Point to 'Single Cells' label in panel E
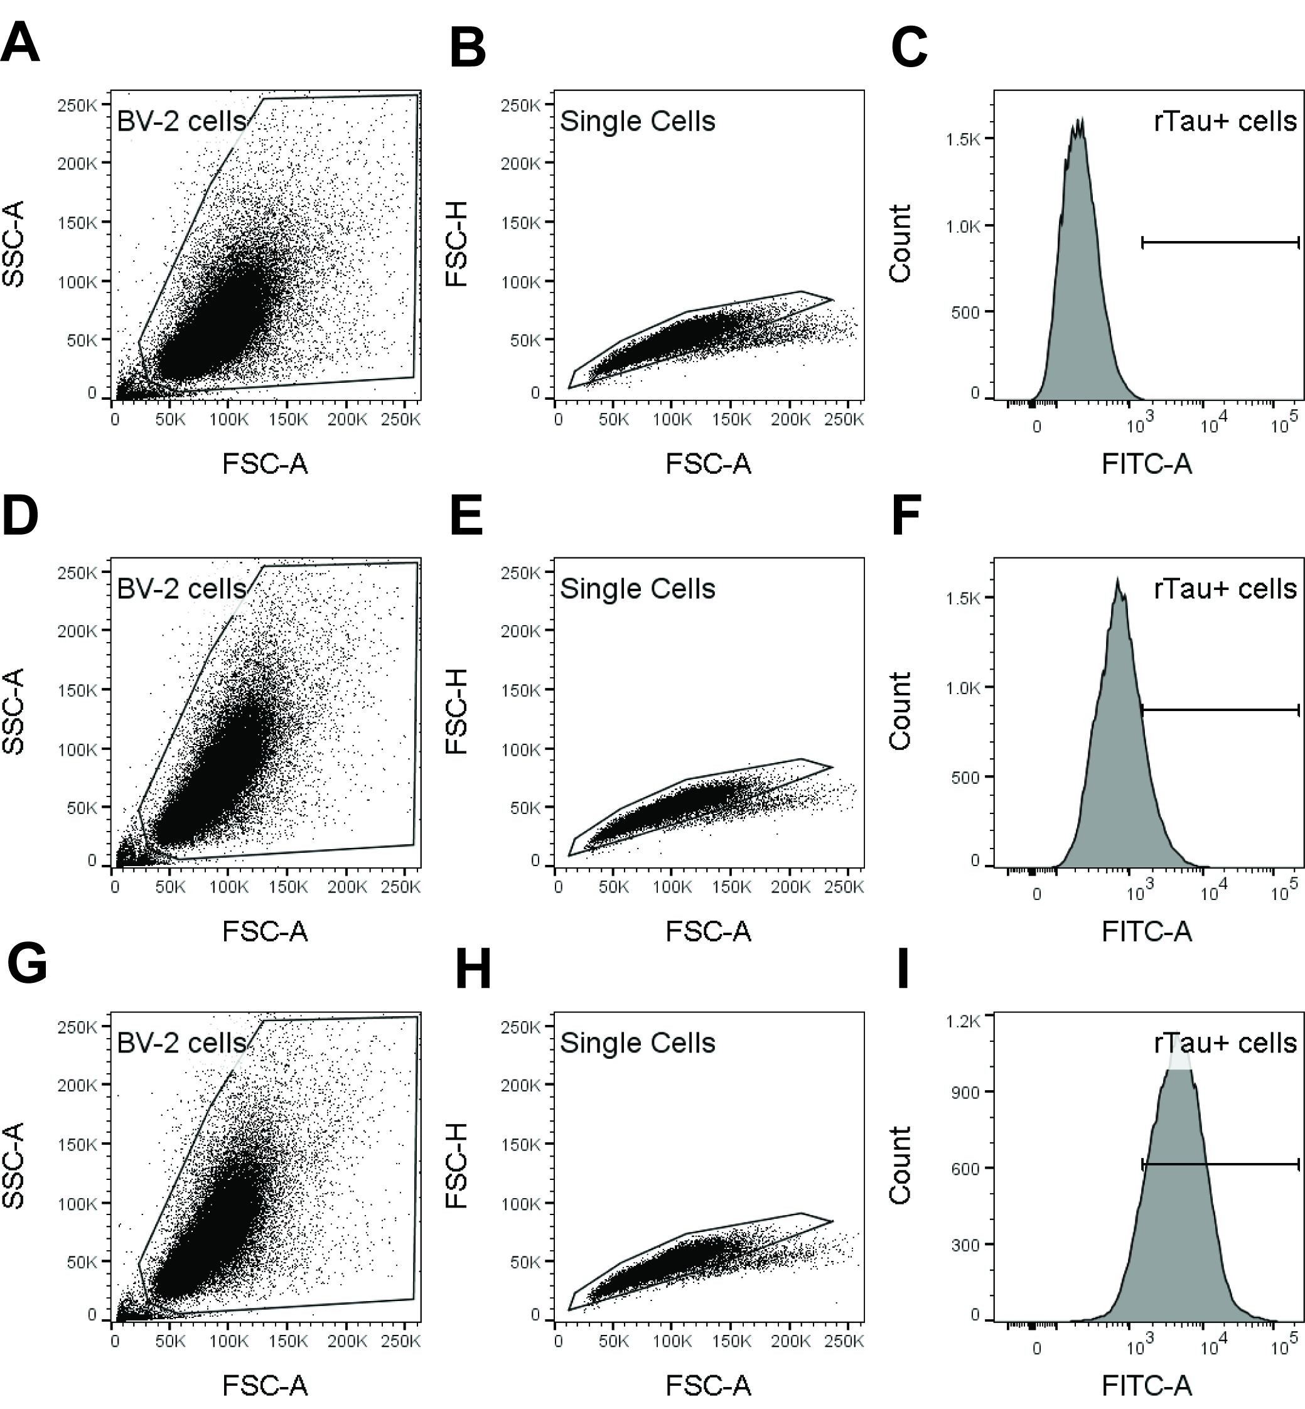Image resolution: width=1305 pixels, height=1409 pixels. (x=637, y=589)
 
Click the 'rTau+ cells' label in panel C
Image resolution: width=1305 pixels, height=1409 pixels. (x=1225, y=121)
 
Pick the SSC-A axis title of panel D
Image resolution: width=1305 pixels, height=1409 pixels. (x=14, y=711)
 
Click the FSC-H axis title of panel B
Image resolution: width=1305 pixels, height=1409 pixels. (x=457, y=244)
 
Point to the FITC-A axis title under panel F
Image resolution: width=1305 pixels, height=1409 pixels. (x=1146, y=932)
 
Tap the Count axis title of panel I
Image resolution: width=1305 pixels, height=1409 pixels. (x=900, y=1165)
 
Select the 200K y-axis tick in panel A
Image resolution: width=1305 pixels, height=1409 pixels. (x=78, y=163)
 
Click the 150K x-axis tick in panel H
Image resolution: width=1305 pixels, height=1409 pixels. (x=731, y=1340)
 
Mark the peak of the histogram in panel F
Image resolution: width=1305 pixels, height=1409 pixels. (x=1118, y=581)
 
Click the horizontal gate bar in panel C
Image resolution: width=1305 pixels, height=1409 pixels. (x=1220, y=243)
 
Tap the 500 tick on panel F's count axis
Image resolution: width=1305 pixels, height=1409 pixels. (x=965, y=777)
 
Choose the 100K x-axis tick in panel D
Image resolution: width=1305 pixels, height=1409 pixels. (x=228, y=887)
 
